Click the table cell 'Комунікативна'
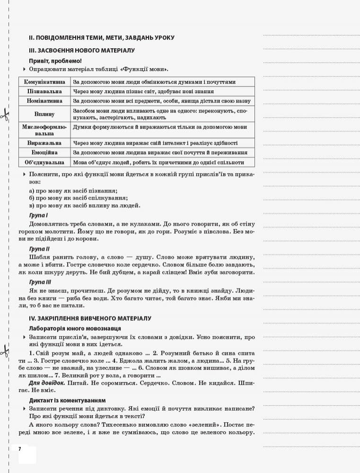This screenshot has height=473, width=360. coord(44,82)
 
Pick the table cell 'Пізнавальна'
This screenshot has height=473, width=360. coord(44,91)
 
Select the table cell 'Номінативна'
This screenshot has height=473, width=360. coord(44,101)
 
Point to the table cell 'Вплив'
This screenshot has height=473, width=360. coord(44,114)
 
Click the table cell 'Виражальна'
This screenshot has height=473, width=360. coord(44,143)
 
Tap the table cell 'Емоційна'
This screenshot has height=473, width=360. coord(44,152)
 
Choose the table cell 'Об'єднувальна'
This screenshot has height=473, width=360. coord(44,162)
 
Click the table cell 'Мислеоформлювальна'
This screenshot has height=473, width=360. coord(44,130)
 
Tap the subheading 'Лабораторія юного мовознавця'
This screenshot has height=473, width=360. coord(75,328)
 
